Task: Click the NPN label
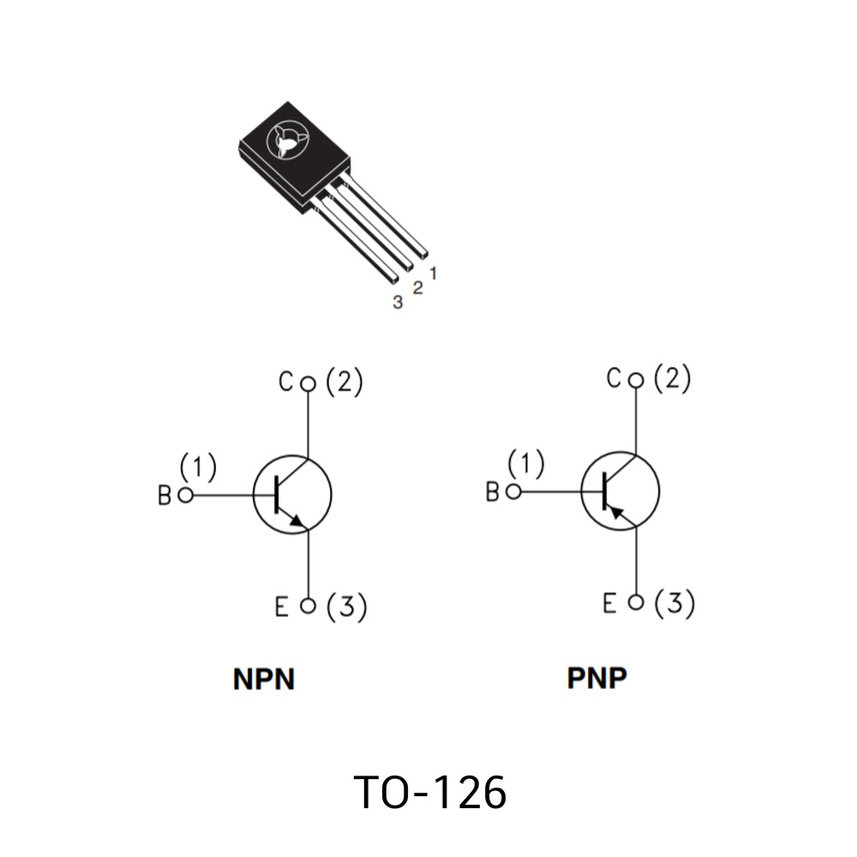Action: point(264,679)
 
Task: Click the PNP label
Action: point(596,678)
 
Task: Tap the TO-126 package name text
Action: point(430,792)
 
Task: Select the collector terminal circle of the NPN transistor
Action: point(309,384)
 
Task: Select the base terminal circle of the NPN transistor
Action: point(186,495)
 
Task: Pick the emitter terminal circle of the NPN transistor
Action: point(309,606)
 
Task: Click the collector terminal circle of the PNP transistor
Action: point(636,381)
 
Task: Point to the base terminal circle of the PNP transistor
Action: point(513,492)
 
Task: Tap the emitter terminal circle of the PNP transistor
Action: point(636,602)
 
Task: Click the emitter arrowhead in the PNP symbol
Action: point(616,512)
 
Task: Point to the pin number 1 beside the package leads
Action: point(434,273)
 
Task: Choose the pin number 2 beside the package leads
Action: point(417,287)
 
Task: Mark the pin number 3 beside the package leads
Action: point(398,302)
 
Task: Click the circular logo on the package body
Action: point(286,141)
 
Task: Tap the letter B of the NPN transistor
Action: point(165,495)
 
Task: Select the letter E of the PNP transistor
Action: point(609,602)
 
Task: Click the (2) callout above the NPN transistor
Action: point(345,381)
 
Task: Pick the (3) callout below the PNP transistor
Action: point(674,603)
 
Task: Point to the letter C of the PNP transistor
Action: point(614,378)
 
